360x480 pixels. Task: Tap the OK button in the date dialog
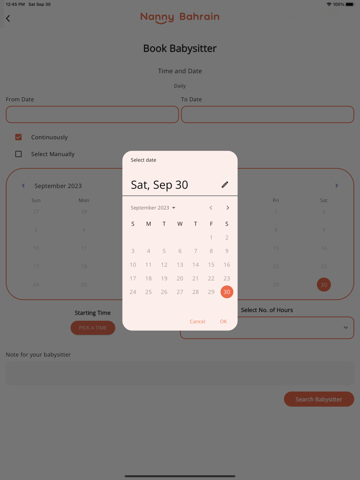(x=223, y=321)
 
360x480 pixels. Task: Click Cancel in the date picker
(x=197, y=321)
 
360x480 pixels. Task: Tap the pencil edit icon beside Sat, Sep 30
(x=225, y=184)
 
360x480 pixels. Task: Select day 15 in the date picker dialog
(x=211, y=265)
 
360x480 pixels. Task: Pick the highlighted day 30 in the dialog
(x=227, y=292)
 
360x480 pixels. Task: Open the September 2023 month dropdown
(x=153, y=208)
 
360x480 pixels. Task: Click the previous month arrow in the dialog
(x=211, y=208)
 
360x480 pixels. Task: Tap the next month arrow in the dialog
(x=228, y=208)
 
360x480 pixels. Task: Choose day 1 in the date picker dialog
(x=211, y=237)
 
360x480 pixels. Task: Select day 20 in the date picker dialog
(x=180, y=278)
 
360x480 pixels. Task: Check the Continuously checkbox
(x=19, y=137)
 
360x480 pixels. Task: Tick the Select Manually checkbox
(x=19, y=154)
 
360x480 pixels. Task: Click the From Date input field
(x=92, y=115)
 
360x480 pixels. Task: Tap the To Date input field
(x=267, y=115)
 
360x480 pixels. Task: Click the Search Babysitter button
(x=319, y=399)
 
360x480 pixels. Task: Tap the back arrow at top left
(x=8, y=19)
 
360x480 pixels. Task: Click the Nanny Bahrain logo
(x=180, y=17)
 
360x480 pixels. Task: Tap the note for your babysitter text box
(x=180, y=373)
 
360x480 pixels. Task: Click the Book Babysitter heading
(x=180, y=48)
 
